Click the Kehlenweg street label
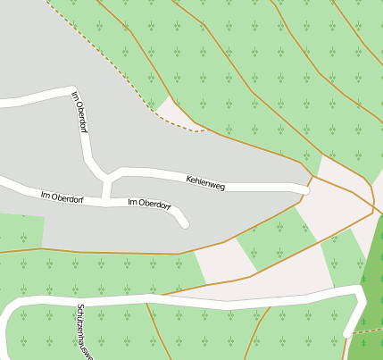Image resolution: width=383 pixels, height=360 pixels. [x=205, y=182]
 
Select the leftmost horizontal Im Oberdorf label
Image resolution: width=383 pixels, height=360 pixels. [x=62, y=197]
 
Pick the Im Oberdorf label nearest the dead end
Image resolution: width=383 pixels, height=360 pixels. [x=149, y=204]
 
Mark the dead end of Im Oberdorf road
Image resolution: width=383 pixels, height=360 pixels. [x=185, y=223]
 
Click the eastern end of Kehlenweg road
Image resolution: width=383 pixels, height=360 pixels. [x=305, y=189]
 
